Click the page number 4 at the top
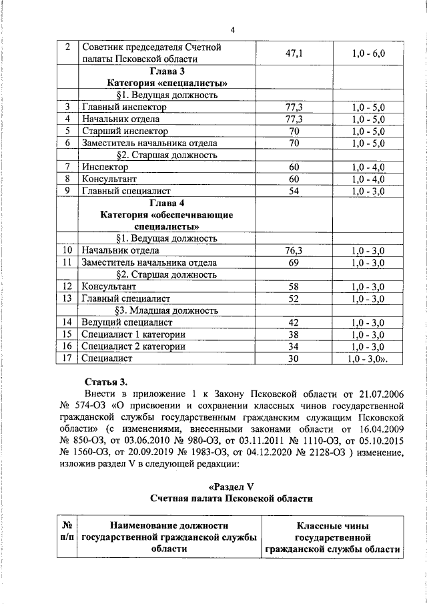[x=232, y=29]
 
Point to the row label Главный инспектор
[x=125, y=107]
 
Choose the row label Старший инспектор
[x=125, y=131]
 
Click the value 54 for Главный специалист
[x=294, y=191]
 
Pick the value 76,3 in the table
[x=294, y=250]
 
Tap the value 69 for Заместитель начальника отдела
[x=294, y=262]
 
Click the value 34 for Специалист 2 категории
[x=294, y=346]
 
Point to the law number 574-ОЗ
[x=91, y=405]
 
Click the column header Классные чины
[x=333, y=526]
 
